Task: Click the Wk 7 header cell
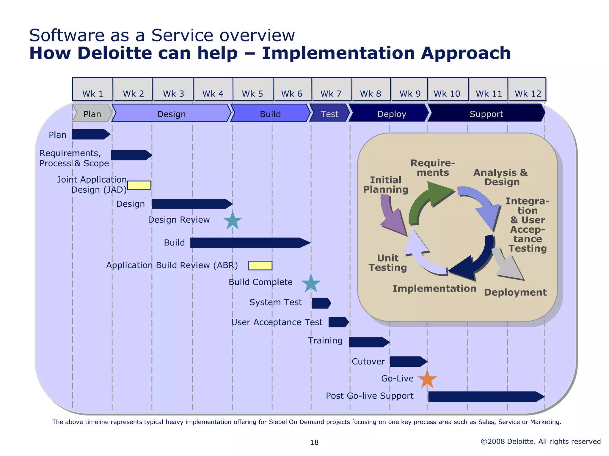[x=331, y=89]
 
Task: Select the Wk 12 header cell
[x=527, y=89]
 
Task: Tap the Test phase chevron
[x=329, y=114]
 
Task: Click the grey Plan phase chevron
[x=92, y=114]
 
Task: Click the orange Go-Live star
[x=427, y=379]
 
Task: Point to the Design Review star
[x=232, y=221]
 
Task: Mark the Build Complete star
[x=311, y=284]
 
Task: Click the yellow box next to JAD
[x=139, y=185]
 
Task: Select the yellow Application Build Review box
[x=260, y=265]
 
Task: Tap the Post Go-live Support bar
[x=485, y=397]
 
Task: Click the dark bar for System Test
[x=321, y=303]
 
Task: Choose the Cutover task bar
[x=407, y=362]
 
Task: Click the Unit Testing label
[x=387, y=263]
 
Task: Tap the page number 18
[x=314, y=442]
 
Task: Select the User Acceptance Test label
[x=277, y=322]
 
